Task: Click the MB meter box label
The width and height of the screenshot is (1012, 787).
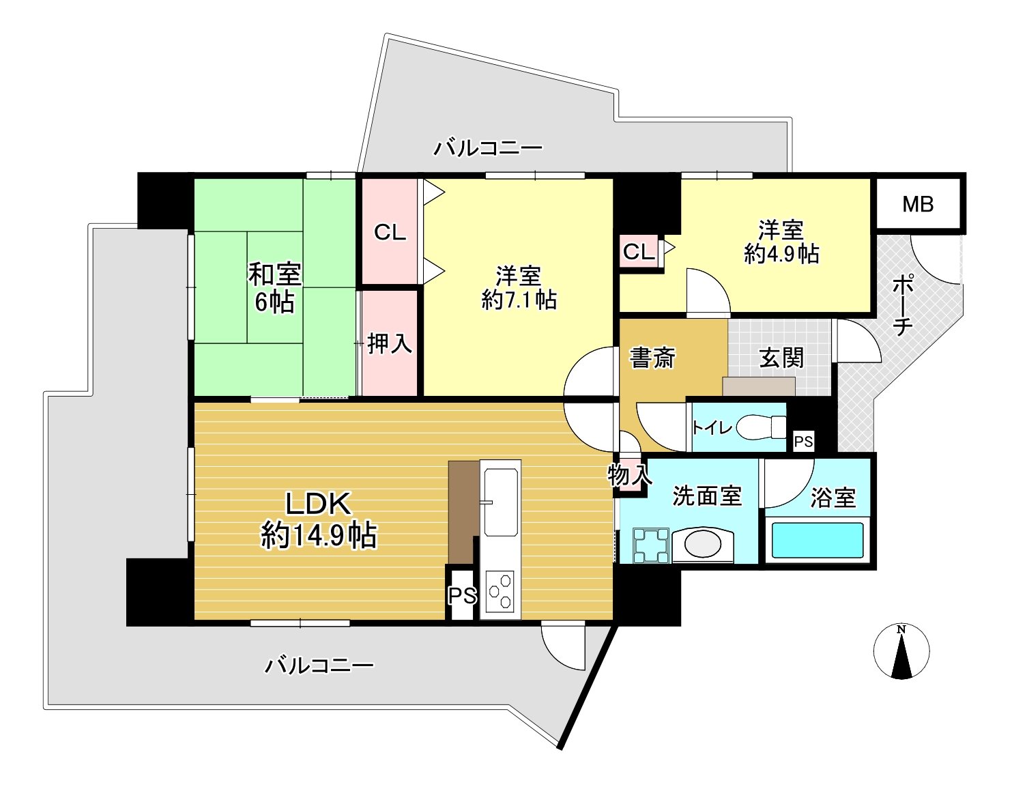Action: [x=918, y=205]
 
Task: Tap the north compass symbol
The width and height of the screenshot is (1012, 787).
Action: [x=901, y=651]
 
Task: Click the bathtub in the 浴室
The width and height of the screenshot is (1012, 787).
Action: [x=818, y=541]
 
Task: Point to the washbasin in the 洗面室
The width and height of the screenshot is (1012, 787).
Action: [x=703, y=545]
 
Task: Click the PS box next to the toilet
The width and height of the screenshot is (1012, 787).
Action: [x=803, y=442]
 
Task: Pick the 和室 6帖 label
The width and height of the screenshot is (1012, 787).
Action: [x=274, y=287]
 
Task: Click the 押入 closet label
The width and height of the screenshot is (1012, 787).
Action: [x=390, y=343]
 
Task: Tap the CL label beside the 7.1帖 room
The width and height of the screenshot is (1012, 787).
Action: [x=390, y=232]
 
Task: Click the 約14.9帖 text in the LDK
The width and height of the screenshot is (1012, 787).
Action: [x=319, y=536]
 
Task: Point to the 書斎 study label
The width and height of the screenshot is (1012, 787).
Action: [x=652, y=358]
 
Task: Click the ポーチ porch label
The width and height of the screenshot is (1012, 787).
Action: [x=903, y=305]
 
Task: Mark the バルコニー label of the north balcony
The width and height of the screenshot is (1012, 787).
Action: [x=488, y=149]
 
